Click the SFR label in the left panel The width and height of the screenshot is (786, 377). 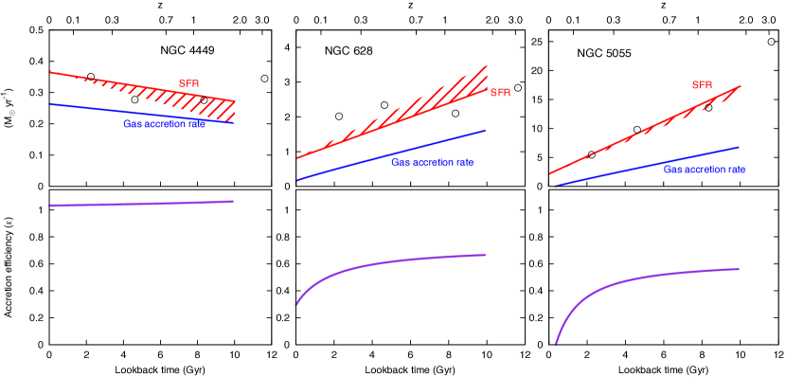coord(188,83)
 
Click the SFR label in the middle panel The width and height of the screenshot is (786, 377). coord(500,93)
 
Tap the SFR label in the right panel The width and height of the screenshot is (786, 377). coord(702,85)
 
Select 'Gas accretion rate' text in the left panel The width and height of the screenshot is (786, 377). coord(164,124)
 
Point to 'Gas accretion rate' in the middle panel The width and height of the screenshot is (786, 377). coord(432,162)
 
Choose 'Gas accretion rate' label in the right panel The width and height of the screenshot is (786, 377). coord(704,170)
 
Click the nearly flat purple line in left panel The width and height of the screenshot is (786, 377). coord(142,203)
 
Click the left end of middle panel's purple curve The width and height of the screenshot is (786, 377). coord(296,305)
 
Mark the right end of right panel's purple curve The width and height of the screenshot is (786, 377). coord(739,268)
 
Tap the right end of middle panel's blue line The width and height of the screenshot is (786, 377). coord(486,130)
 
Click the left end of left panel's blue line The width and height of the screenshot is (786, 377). coord(50,104)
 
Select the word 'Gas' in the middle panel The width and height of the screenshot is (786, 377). coord(400,162)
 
